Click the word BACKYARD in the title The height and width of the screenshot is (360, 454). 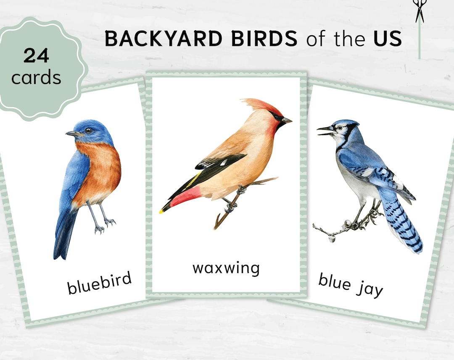click(163, 39)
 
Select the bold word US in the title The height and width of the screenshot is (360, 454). click(387, 39)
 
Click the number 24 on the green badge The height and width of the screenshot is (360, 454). click(37, 55)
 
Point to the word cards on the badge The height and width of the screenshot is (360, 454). click(36, 77)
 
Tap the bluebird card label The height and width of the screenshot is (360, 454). click(100, 282)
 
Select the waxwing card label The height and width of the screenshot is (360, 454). click(226, 268)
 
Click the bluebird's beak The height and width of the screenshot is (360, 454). click(70, 134)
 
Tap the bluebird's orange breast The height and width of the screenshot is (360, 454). click(99, 172)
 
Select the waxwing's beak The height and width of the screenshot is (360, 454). click(287, 121)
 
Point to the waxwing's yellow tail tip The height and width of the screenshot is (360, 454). click(161, 211)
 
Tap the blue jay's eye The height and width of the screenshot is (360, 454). click(339, 126)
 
